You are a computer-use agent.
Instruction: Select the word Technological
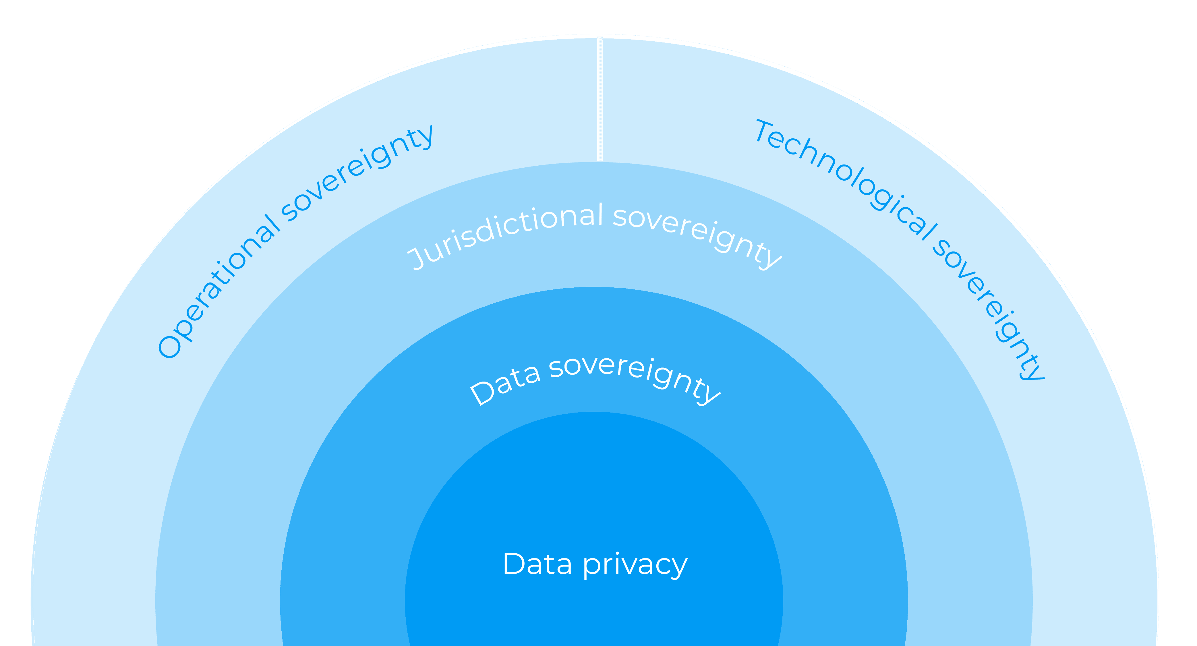point(846,179)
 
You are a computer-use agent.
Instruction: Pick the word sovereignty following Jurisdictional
point(697,237)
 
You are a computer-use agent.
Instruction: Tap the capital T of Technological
point(764,132)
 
